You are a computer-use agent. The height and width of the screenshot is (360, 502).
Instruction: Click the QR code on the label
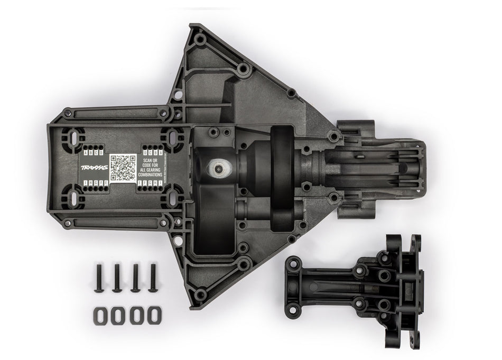click(123, 168)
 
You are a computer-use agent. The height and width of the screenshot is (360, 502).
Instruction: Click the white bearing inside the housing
click(218, 168)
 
